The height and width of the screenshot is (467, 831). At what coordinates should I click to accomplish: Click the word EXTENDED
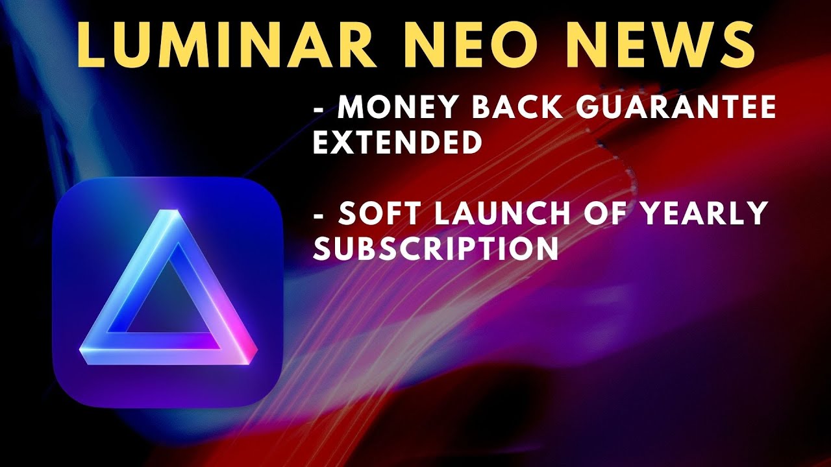click(397, 143)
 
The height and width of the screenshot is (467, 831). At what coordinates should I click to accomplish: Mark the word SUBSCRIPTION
click(436, 249)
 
